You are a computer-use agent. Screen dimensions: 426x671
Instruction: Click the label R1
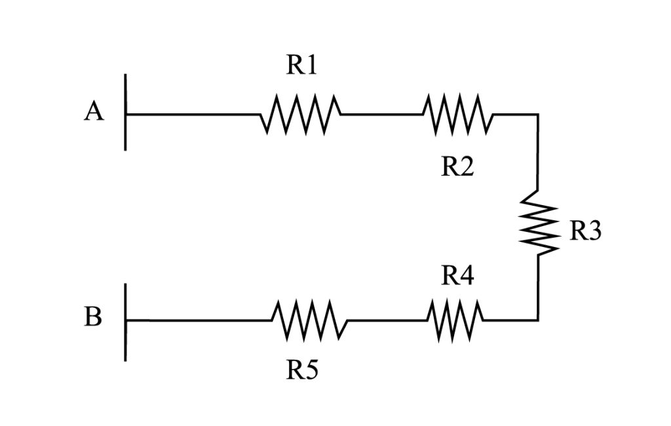(x=301, y=66)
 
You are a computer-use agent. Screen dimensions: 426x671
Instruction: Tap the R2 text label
(x=457, y=167)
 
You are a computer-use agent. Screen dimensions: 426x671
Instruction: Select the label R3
(x=585, y=231)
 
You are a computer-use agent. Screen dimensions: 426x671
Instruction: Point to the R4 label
(x=457, y=276)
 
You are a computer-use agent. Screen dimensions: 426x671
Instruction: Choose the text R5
(x=302, y=371)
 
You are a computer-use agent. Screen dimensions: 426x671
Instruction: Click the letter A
(x=94, y=113)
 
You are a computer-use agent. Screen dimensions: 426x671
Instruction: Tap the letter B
(x=93, y=319)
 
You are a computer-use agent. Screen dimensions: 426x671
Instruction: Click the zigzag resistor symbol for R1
(x=301, y=115)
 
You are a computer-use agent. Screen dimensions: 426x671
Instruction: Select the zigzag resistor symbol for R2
(x=458, y=115)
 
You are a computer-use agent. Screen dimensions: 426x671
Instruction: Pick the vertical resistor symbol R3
(x=539, y=223)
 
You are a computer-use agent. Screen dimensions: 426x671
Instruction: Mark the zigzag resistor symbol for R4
(x=456, y=320)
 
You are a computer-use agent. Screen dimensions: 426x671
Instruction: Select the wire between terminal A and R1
(x=193, y=115)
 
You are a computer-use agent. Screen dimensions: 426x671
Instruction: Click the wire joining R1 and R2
(x=381, y=115)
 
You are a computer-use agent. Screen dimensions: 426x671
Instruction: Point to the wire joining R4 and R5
(x=387, y=320)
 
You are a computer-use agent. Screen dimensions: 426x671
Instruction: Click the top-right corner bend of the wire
(x=538, y=115)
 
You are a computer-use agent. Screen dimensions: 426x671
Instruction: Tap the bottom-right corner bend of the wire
(x=538, y=320)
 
